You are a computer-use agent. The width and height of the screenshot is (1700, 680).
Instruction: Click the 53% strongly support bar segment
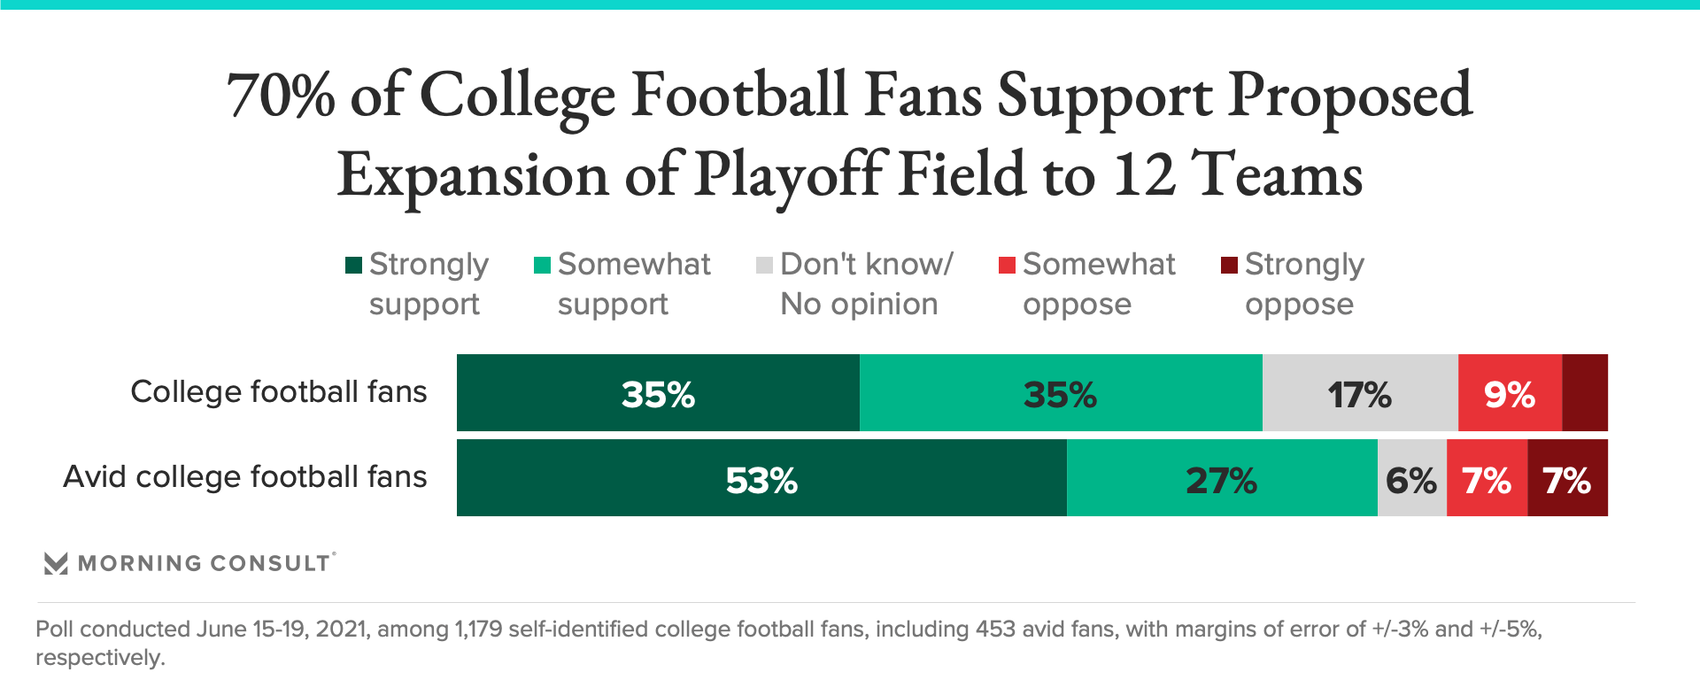tap(761, 478)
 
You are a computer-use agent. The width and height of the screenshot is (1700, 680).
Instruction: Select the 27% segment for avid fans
tap(1222, 478)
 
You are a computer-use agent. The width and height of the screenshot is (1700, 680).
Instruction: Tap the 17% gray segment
tap(1360, 393)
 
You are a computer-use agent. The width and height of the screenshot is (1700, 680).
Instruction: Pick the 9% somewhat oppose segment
tap(1510, 393)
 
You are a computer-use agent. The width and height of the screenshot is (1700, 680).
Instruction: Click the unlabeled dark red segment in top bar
tap(1585, 393)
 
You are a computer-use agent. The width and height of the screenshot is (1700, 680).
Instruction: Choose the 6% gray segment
tap(1411, 478)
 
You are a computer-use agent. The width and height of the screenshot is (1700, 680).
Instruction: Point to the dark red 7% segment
tap(1567, 478)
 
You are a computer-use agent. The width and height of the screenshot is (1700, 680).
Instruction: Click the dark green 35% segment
tap(658, 393)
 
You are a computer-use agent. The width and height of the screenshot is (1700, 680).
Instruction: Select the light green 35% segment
tap(1060, 393)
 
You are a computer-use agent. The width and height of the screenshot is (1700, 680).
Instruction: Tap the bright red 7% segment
tap(1487, 478)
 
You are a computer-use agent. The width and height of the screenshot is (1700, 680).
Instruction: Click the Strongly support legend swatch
tap(353, 265)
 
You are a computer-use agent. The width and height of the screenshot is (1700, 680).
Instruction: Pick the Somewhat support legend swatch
tap(543, 265)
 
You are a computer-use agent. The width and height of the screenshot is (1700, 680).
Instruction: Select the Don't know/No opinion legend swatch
tap(765, 265)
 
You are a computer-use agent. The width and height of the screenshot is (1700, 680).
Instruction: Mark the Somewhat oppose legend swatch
tap(1007, 265)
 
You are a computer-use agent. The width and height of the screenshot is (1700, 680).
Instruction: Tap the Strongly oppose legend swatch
tap(1229, 265)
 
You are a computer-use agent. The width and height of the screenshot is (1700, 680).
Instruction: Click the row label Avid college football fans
tap(245, 477)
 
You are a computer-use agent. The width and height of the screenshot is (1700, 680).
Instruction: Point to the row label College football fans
tap(279, 392)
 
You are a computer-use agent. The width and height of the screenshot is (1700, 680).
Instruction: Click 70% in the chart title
tap(281, 96)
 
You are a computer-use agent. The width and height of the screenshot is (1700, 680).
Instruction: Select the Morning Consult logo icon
tap(56, 563)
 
